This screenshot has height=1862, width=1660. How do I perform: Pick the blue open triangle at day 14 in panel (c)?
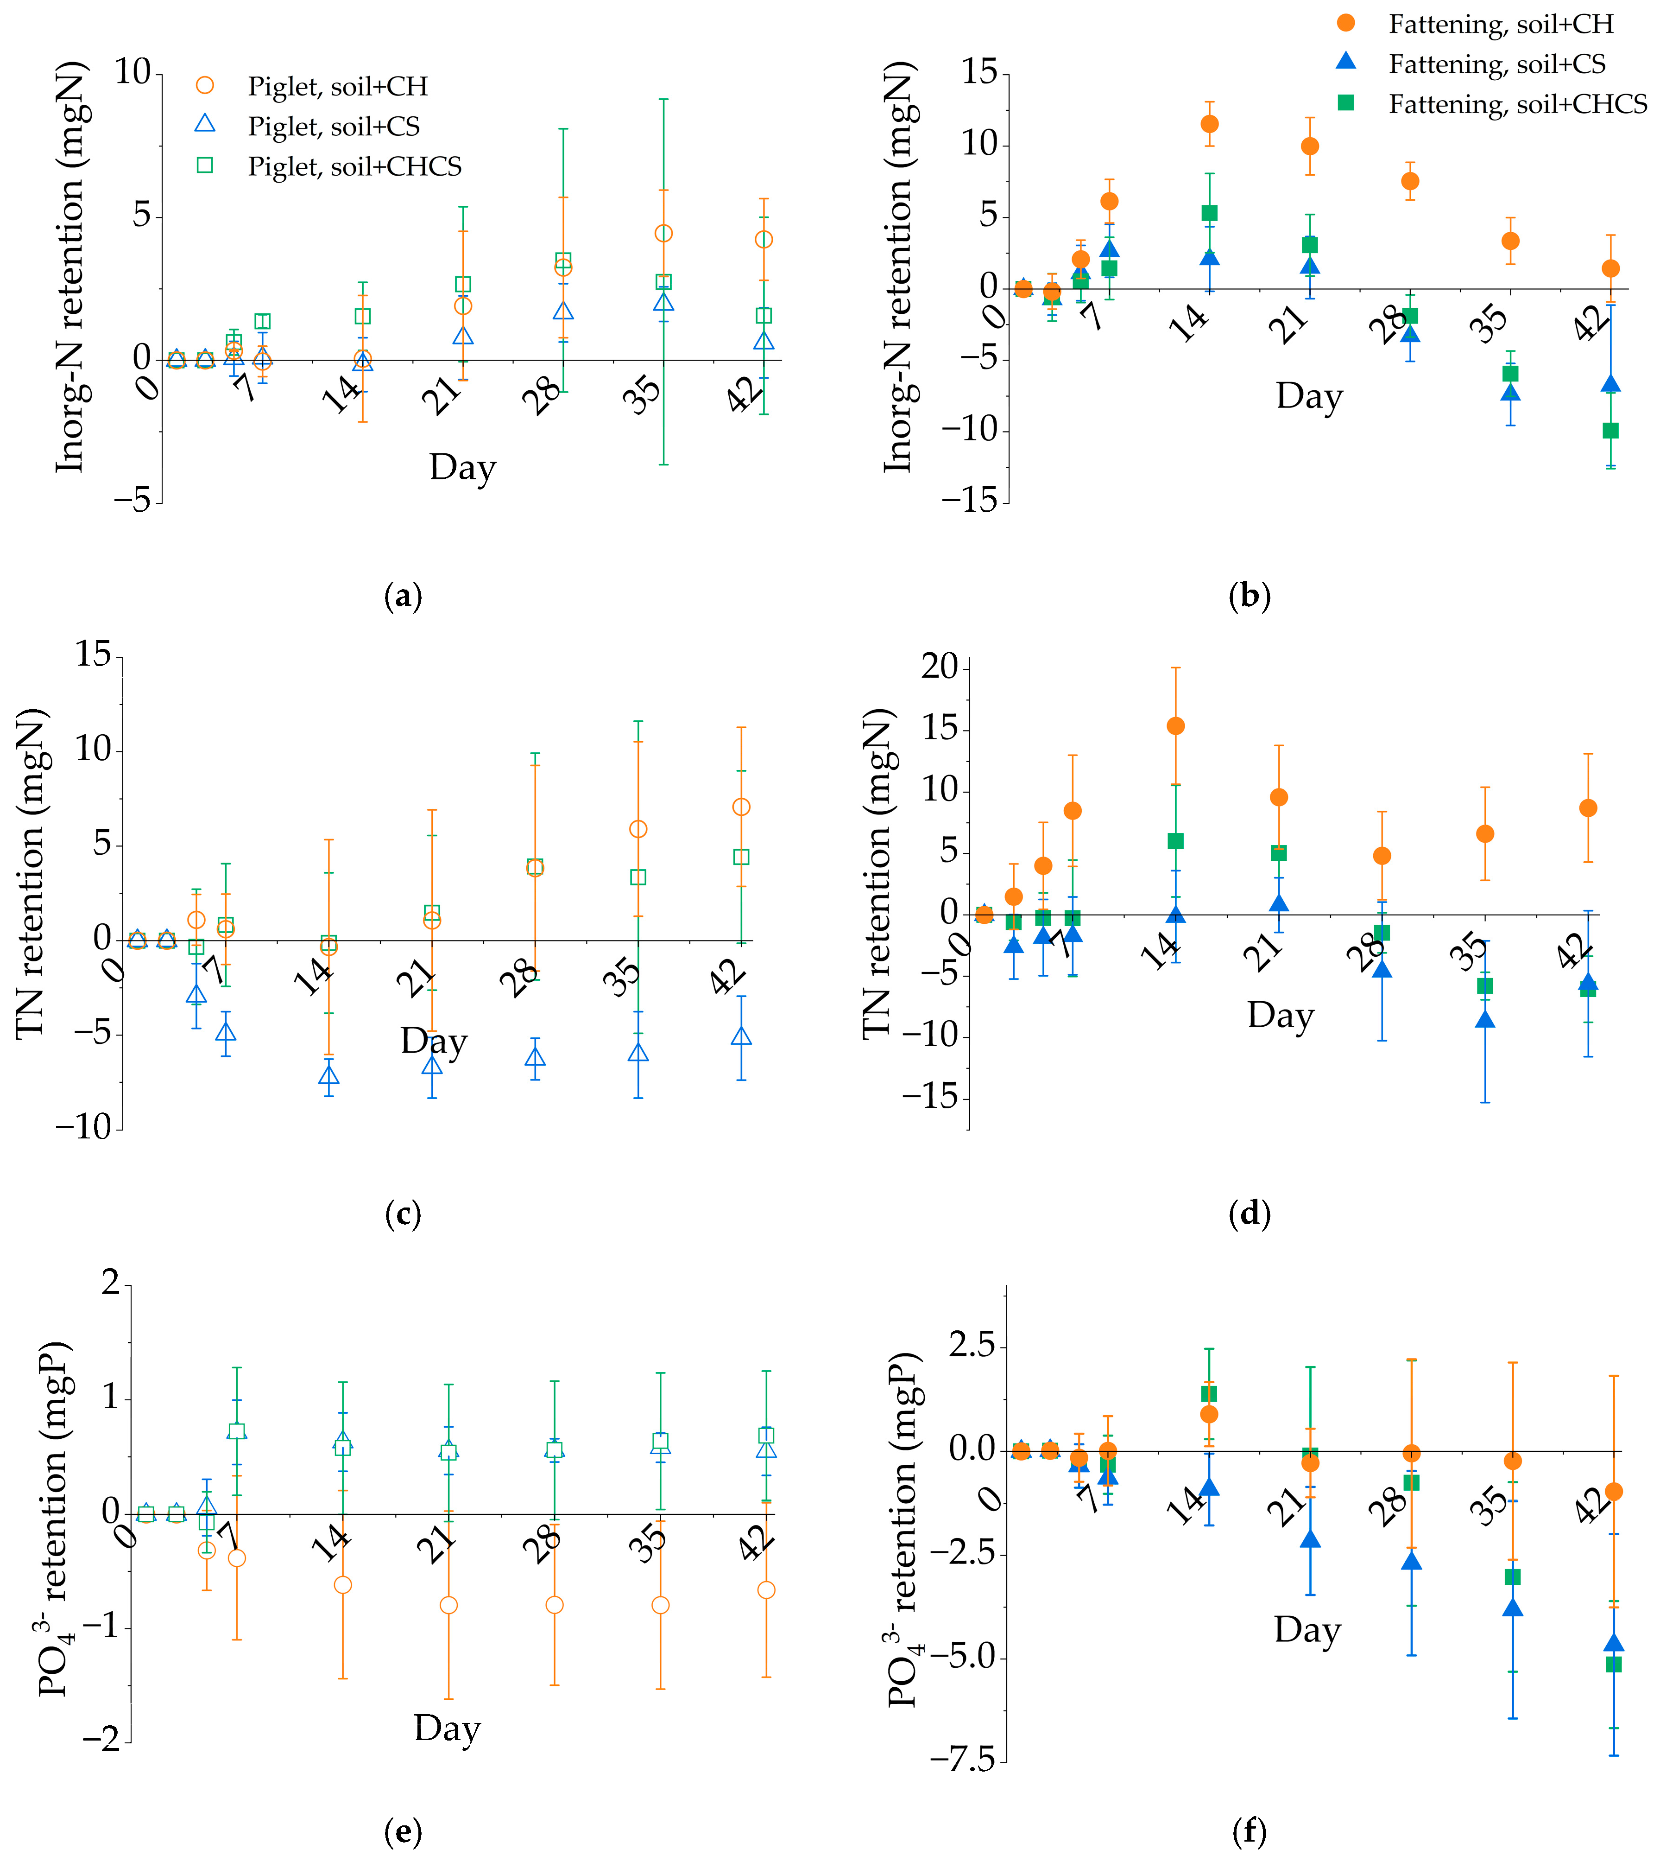(328, 1074)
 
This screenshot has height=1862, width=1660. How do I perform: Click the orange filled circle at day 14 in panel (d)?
(1176, 726)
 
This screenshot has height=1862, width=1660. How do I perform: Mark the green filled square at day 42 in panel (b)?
(1611, 431)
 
